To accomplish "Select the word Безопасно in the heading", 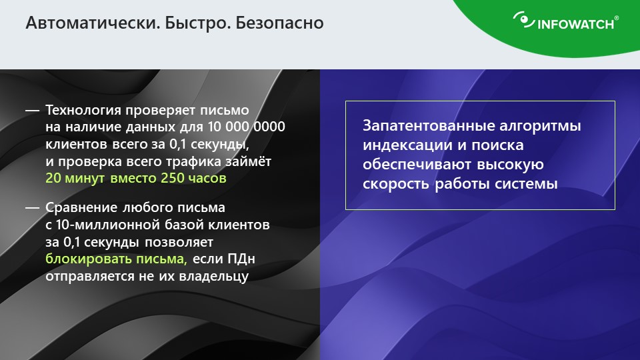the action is [279, 23].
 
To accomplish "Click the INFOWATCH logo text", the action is [576, 24].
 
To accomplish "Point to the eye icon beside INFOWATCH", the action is [524, 20].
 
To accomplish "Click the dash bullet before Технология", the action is [32, 110].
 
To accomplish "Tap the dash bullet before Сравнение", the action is [32, 208].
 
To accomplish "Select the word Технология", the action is [83, 110].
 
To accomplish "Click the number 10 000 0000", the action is [246, 127].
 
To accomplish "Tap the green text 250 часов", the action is [193, 179].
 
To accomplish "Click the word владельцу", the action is [214, 276].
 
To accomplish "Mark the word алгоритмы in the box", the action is [540, 126].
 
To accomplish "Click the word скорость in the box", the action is [395, 184].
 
